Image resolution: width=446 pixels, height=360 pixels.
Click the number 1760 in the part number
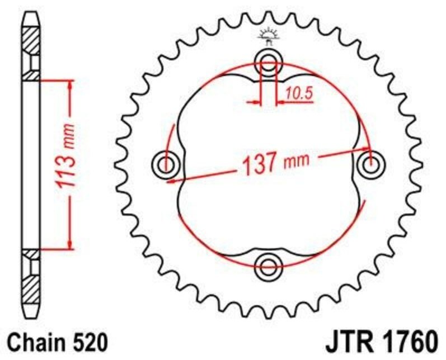(x=409, y=340)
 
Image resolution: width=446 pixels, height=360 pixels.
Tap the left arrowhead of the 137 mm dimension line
(x=180, y=179)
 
